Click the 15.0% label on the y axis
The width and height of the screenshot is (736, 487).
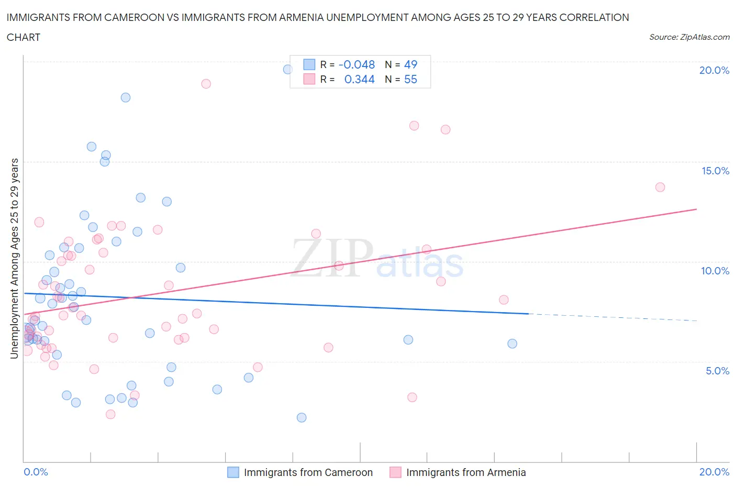coord(715,171)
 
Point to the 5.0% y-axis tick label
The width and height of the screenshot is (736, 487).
coord(717,371)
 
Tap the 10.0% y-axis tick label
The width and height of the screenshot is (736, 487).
coord(715,271)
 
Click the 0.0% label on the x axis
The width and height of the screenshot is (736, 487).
coord(36,472)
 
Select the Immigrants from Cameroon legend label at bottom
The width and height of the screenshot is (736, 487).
coord(308,472)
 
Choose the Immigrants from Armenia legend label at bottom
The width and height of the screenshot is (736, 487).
coord(466,472)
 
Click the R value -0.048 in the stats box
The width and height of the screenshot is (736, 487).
coord(357,64)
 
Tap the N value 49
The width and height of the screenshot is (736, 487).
coord(411,64)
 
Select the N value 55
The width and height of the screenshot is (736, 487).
coord(411,79)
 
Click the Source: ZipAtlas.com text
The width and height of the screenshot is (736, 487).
coord(689,37)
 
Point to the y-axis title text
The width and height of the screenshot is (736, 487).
coord(14,258)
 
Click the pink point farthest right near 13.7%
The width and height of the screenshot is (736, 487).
coord(660,187)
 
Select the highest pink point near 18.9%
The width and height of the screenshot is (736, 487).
coord(206,84)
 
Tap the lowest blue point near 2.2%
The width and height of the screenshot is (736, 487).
coord(302,417)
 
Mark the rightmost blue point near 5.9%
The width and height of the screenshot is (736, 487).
coord(512,344)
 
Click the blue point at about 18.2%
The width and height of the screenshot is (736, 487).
coord(126,97)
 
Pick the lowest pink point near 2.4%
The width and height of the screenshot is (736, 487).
coord(110,414)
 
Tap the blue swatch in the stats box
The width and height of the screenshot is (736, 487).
coord(309,64)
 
